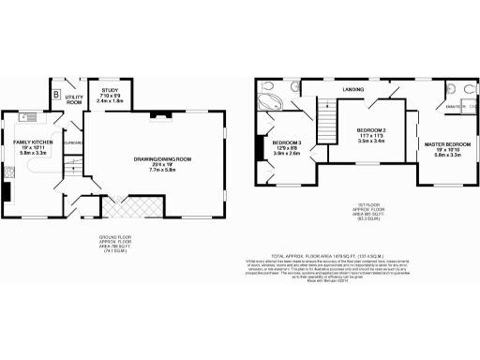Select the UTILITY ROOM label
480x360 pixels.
pos(74,98)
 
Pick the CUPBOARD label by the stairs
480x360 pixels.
pos(75,142)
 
